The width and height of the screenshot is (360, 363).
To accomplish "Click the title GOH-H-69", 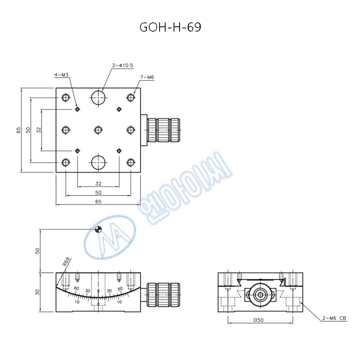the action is [170, 27].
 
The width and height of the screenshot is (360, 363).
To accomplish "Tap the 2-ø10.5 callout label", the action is [123, 65].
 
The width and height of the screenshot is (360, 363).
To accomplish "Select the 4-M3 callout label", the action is [62, 75].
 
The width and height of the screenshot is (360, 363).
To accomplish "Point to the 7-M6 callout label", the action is [147, 77].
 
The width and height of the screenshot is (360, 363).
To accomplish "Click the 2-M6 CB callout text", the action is [334, 318].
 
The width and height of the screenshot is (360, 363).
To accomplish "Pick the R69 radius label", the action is [66, 262].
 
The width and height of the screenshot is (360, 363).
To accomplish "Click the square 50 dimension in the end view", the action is [259, 320].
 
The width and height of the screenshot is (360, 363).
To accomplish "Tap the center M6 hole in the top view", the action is [98, 130].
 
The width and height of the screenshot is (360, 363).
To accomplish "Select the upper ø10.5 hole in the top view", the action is [98, 98].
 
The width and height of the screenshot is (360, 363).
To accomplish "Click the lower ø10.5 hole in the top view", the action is [98, 163].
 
